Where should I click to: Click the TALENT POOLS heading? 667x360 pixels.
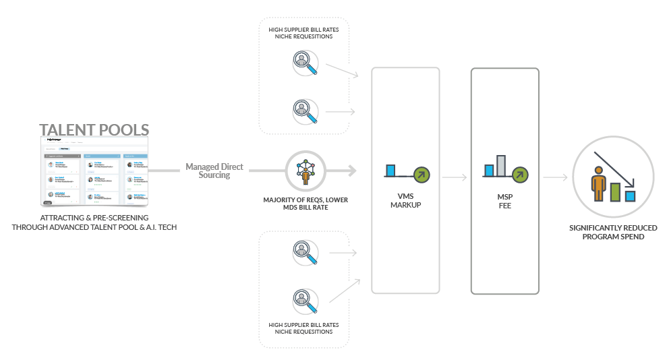(x=94, y=130)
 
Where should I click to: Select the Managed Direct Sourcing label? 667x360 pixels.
(x=214, y=171)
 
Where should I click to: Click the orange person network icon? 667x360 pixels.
(x=306, y=170)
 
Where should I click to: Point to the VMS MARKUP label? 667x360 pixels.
(x=405, y=200)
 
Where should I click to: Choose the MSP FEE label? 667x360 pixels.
(x=504, y=202)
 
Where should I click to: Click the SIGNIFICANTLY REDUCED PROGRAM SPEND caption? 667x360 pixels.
(x=613, y=233)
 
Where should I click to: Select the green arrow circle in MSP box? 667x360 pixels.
(x=520, y=175)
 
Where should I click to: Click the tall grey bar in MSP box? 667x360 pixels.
(x=501, y=166)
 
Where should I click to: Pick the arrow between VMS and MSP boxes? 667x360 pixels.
(x=455, y=178)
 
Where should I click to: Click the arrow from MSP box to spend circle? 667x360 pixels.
(x=555, y=178)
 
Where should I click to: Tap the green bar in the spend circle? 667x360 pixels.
(x=615, y=191)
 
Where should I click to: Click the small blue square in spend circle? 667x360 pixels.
(x=631, y=196)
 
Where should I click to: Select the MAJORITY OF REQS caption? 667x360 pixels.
(x=306, y=204)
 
